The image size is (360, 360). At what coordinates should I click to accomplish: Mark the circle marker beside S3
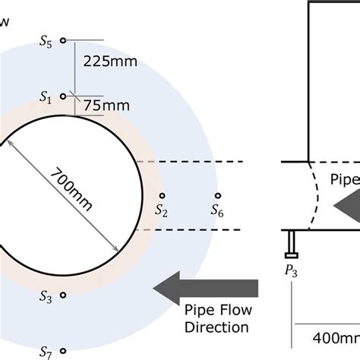pos(64,295)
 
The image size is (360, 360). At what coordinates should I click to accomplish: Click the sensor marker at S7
pos(64,351)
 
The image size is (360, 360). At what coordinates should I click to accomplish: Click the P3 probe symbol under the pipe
pos(292,242)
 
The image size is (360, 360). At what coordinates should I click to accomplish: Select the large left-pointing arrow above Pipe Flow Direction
pos(205,288)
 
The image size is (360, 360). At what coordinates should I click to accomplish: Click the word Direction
pos(217,327)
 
